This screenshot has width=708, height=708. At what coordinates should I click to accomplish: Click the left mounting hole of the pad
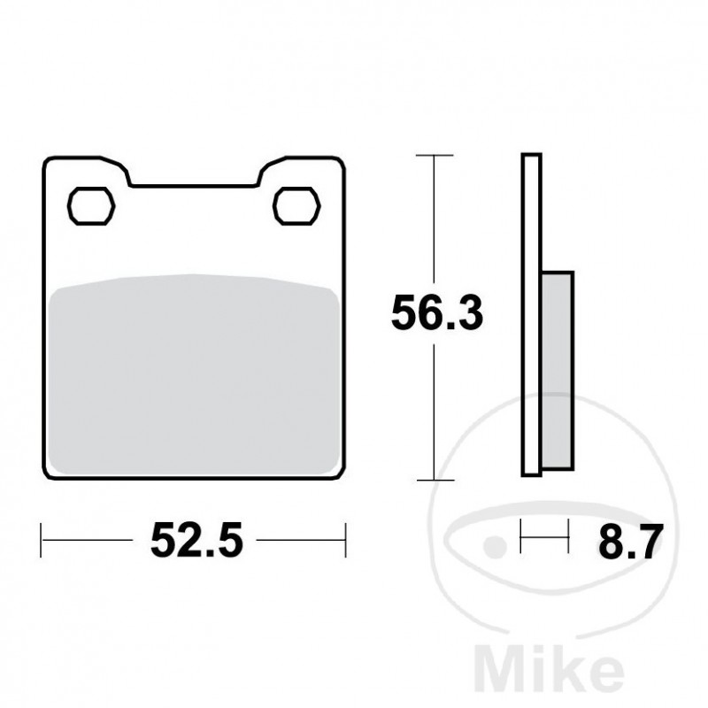92,205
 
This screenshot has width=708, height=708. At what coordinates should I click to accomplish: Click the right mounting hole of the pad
296,205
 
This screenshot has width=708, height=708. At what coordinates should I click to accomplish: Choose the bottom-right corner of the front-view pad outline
341,474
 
